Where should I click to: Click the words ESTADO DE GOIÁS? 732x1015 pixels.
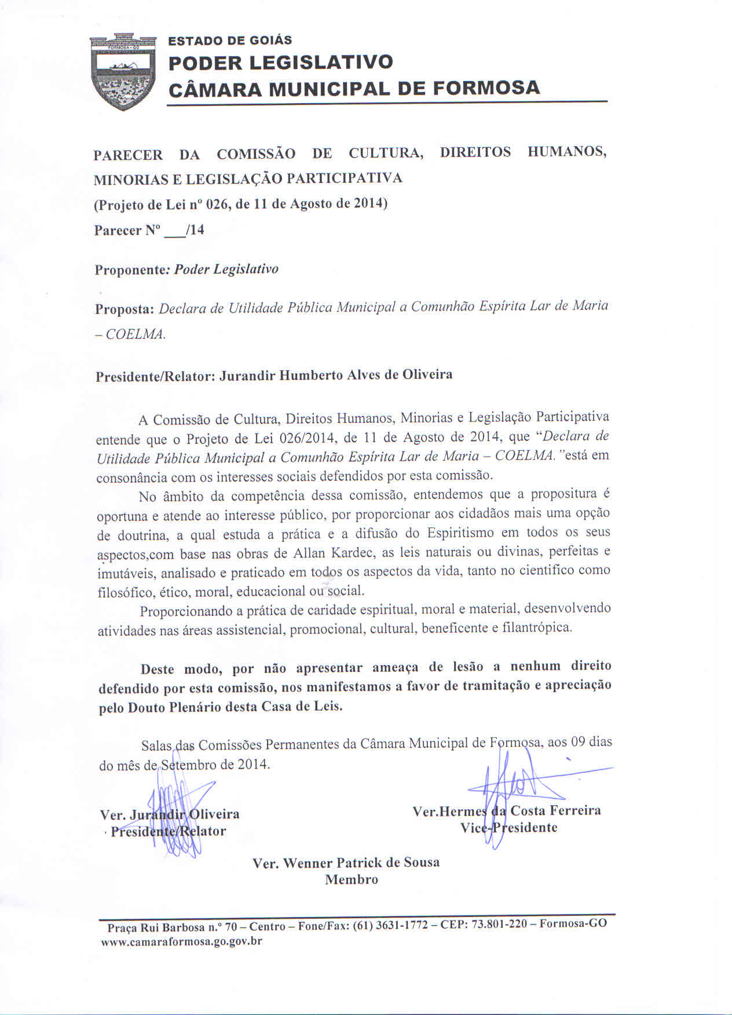click(230, 41)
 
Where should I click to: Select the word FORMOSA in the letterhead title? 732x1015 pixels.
click(486, 88)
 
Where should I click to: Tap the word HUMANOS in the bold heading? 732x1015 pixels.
click(567, 152)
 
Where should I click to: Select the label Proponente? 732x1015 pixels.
click(130, 270)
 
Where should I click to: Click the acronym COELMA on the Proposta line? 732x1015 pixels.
click(135, 335)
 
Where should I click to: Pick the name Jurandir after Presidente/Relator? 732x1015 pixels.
click(248, 375)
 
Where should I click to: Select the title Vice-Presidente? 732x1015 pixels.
click(508, 827)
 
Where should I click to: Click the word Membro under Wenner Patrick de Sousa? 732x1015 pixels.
click(351, 879)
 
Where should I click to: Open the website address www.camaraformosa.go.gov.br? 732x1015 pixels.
click(181, 941)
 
